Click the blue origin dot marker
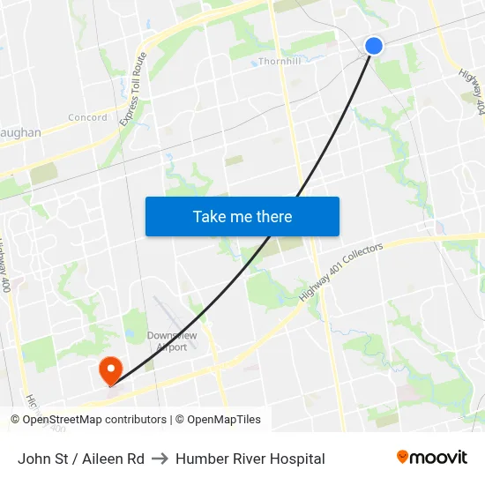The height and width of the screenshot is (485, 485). (374, 45)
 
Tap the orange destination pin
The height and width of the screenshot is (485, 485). (110, 369)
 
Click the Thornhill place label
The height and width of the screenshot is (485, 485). (280, 62)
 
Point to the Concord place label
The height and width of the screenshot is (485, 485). (88, 117)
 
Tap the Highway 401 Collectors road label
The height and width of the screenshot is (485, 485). (340, 272)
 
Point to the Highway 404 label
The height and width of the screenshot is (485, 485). (472, 92)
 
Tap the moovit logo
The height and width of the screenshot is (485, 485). (431, 458)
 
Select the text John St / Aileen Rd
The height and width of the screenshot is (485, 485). (81, 459)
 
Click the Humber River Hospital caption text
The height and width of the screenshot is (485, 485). (250, 459)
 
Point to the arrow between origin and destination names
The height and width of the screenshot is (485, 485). (160, 459)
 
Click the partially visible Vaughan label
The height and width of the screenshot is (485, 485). (20, 133)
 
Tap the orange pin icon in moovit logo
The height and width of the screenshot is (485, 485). (403, 458)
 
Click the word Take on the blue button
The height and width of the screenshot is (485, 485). (210, 216)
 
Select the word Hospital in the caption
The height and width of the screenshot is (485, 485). (294, 459)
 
